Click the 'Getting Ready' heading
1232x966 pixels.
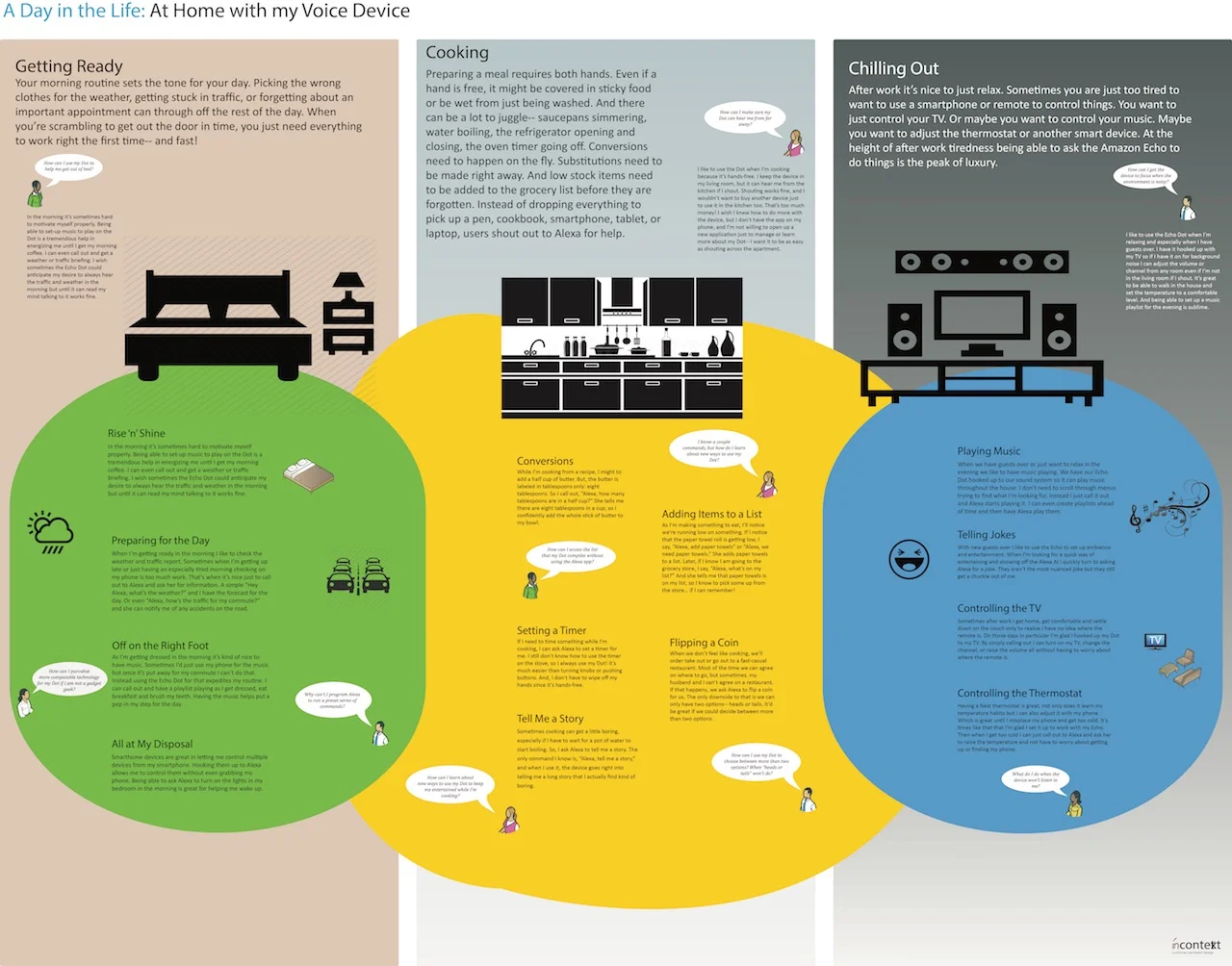tap(69, 66)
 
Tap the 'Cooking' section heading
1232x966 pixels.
tap(457, 53)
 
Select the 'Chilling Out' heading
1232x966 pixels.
tap(893, 68)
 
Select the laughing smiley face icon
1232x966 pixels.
tap(909, 559)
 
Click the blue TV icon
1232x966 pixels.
tap(1156, 641)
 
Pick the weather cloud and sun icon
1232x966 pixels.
tap(51, 532)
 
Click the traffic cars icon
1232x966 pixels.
tap(358, 576)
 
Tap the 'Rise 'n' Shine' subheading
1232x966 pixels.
tap(137, 434)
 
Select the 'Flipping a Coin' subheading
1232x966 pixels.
tap(705, 643)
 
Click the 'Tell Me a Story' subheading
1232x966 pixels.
tap(551, 719)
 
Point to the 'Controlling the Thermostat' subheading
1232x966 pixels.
tap(1019, 694)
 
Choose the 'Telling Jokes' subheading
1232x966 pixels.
tap(987, 535)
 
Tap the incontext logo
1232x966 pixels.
tap(1196, 945)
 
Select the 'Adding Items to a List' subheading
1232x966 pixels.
tap(712, 515)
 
